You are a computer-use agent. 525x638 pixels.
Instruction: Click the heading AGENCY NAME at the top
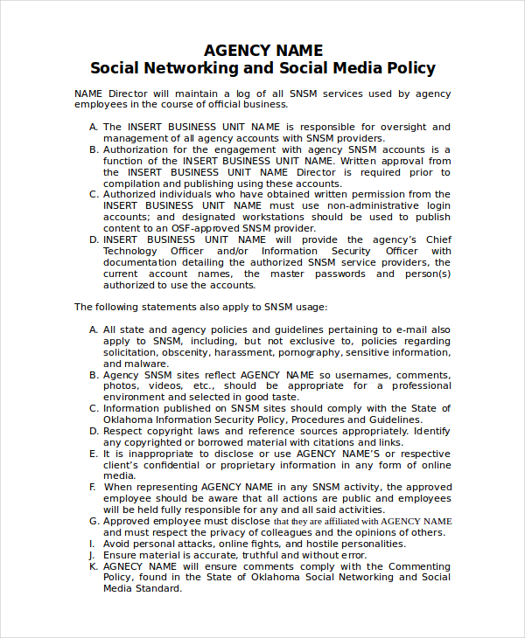262,50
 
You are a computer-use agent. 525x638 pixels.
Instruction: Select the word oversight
399,127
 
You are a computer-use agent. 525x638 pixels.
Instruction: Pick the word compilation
132,184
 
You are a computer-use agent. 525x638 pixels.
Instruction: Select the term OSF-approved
204,228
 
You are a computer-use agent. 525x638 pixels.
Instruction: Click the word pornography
310,352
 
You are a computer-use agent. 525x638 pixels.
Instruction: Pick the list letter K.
93,566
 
